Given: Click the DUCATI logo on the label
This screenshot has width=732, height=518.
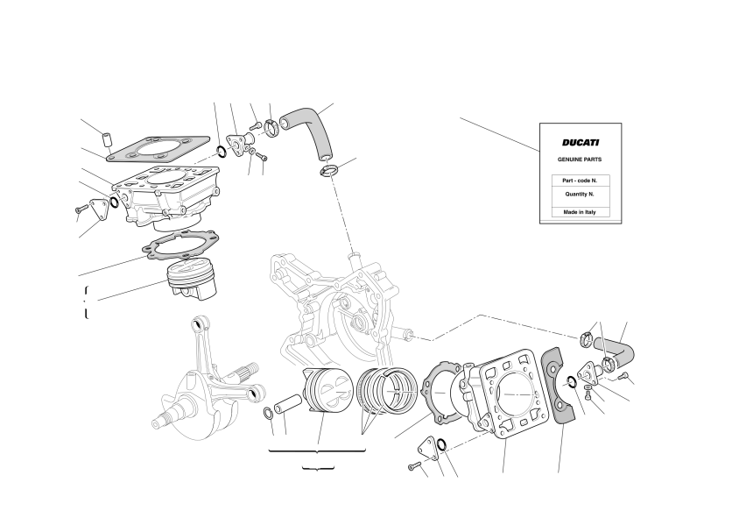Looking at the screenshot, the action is [x=581, y=143].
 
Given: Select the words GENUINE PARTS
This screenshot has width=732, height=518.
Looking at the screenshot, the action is [x=580, y=160].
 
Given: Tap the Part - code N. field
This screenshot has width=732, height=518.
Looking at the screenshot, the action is [x=580, y=181].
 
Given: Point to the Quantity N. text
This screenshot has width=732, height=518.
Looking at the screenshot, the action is [x=580, y=194].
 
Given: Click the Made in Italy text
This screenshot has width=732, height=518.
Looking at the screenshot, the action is [x=580, y=212].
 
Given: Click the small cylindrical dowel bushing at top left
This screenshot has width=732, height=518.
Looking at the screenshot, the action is [x=108, y=139].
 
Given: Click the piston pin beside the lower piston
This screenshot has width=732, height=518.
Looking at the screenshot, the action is [x=288, y=404].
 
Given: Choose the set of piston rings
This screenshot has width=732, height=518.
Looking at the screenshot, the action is [x=387, y=387].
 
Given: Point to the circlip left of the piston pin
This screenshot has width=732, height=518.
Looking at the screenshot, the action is [x=269, y=414].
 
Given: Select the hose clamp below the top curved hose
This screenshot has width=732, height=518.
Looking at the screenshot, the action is [x=329, y=170].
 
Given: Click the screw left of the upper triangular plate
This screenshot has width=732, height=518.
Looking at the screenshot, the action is [x=81, y=209].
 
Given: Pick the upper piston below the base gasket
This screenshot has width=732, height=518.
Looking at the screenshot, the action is [x=193, y=280].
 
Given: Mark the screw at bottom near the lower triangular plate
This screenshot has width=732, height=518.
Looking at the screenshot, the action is [x=414, y=466].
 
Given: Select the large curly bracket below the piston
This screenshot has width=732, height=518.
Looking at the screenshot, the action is [x=317, y=451].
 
